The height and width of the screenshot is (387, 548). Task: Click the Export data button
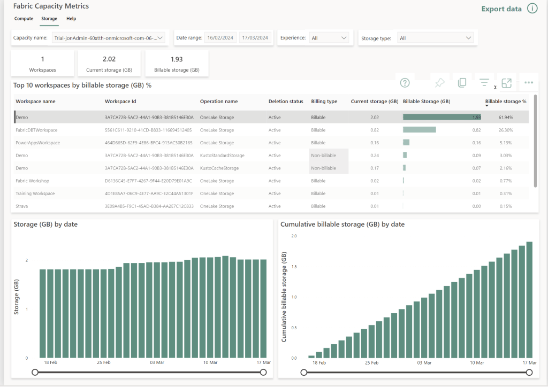click(x=501, y=9)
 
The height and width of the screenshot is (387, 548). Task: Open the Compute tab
click(x=24, y=19)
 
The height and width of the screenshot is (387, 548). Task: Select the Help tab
click(x=71, y=19)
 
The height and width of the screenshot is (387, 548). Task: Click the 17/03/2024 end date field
click(x=255, y=38)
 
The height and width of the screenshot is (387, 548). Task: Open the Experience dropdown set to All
click(x=329, y=38)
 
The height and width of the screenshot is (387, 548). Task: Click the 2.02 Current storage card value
click(x=109, y=59)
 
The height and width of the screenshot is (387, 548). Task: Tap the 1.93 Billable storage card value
click(x=177, y=59)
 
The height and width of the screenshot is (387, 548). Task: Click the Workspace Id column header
click(x=120, y=101)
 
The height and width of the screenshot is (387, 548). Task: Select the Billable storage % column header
click(x=505, y=101)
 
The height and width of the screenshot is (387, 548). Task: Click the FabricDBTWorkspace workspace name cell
click(x=36, y=130)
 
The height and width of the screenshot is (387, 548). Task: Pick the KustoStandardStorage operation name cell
click(x=222, y=156)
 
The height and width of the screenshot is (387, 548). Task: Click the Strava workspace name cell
click(x=22, y=206)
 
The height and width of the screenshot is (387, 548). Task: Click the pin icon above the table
click(x=439, y=83)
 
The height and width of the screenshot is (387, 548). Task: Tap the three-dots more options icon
click(x=529, y=83)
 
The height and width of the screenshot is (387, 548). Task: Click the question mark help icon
click(x=405, y=83)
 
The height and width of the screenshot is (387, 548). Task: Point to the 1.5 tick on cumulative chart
click(x=293, y=266)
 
